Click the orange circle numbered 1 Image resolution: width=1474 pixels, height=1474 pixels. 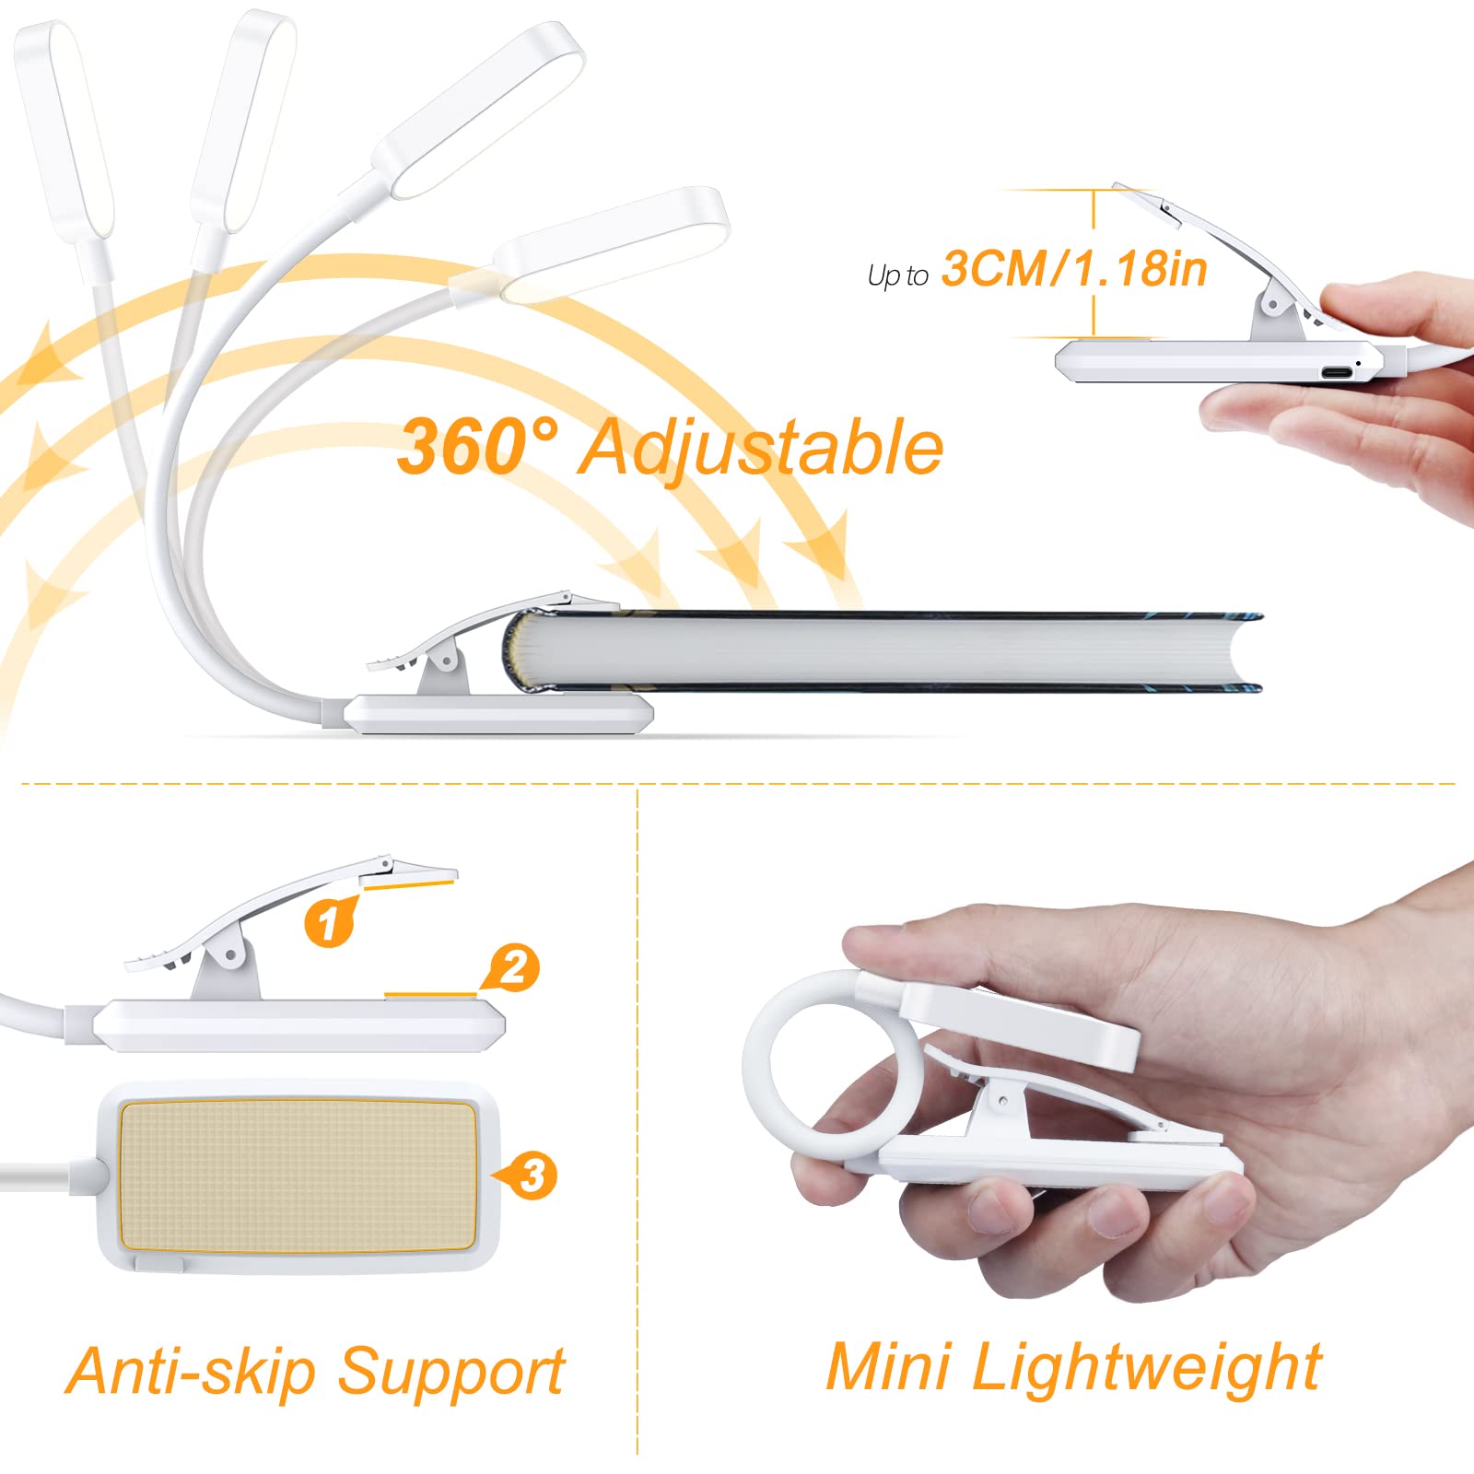pos(329,920)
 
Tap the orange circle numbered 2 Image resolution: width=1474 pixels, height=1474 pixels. pos(513,967)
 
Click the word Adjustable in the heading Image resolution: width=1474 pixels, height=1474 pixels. pos(760,449)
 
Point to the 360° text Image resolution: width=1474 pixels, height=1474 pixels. pos(476,447)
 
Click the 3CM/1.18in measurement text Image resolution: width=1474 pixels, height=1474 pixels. pos(1073,269)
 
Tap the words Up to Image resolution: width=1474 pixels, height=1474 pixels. pos(897,275)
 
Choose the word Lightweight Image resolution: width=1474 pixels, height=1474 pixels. pos(1147,1367)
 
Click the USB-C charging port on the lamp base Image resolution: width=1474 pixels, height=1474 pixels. pos(1337,373)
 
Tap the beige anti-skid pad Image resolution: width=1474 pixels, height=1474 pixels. pos(298,1176)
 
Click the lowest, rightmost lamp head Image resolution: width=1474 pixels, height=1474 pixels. pos(613,243)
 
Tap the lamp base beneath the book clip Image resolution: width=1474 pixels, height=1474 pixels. pos(497,714)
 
